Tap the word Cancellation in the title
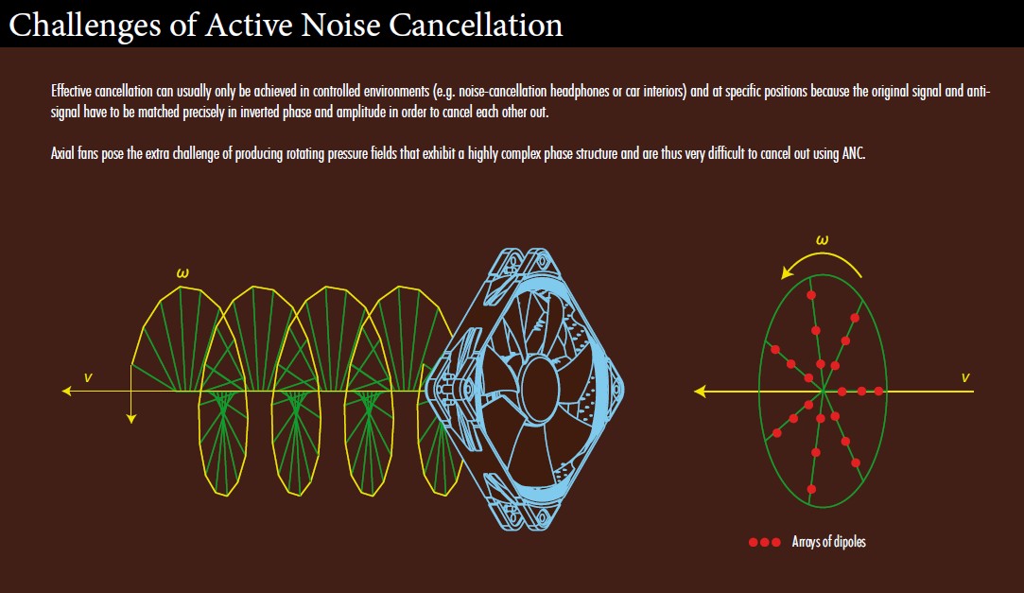click(x=476, y=25)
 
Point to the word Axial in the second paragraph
click(x=62, y=153)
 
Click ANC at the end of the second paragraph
click(x=854, y=153)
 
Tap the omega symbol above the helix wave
click(x=182, y=273)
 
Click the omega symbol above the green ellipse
click(x=823, y=239)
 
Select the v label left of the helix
click(x=88, y=377)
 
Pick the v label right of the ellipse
click(x=965, y=377)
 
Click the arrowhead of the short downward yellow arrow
click(x=131, y=419)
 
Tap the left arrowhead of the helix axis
click(x=66, y=392)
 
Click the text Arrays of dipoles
click(x=828, y=541)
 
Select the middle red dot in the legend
click(x=765, y=542)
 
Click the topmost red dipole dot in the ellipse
click(x=811, y=295)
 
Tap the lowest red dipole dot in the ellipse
click(x=811, y=489)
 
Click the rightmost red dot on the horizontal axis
click(x=879, y=392)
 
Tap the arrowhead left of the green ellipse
click(x=700, y=392)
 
